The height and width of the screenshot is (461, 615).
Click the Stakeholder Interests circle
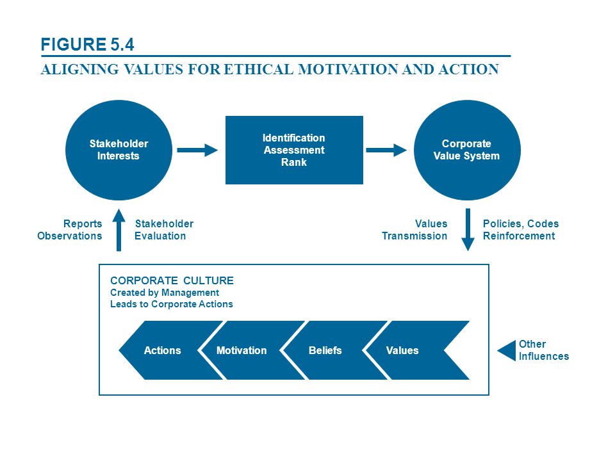pyautogui.click(x=119, y=150)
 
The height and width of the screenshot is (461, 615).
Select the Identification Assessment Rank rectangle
pyautogui.click(x=294, y=150)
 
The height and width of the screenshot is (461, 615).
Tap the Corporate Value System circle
pyautogui.click(x=467, y=150)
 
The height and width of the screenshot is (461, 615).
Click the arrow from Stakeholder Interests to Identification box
pyautogui.click(x=197, y=150)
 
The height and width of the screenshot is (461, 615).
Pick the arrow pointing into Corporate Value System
pyautogui.click(x=386, y=150)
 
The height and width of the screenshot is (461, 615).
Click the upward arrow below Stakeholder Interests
pyautogui.click(x=119, y=230)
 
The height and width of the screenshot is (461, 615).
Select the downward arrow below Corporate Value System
pyautogui.click(x=468, y=230)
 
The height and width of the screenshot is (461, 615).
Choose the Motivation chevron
pyautogui.click(x=251, y=350)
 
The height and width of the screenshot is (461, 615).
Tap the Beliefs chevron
pyautogui.click(x=333, y=350)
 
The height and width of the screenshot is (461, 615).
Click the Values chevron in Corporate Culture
pyautogui.click(x=416, y=350)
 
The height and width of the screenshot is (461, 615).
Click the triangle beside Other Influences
pyautogui.click(x=507, y=350)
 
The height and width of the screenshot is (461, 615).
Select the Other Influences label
pyautogui.click(x=544, y=350)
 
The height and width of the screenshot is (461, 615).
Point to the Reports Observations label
pyautogui.click(x=70, y=230)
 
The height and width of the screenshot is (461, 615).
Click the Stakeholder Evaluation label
pyautogui.click(x=164, y=230)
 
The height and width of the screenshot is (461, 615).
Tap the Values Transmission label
pyautogui.click(x=414, y=230)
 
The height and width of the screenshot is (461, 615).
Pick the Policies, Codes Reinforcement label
pyautogui.click(x=521, y=230)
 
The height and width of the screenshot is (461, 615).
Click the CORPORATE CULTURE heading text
pyautogui.click(x=172, y=280)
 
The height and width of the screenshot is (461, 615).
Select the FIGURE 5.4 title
pyautogui.click(x=88, y=44)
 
